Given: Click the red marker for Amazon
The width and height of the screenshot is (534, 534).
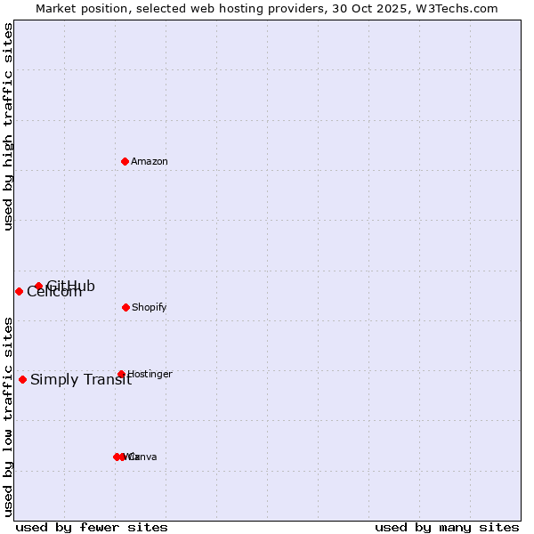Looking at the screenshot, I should pyautogui.click(x=125, y=161).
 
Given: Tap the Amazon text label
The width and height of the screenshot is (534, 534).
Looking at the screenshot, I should pyautogui.click(x=150, y=162).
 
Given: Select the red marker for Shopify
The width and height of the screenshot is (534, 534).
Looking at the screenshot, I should pyautogui.click(x=125, y=307).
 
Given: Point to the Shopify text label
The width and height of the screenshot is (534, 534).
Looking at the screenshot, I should pyautogui.click(x=150, y=308).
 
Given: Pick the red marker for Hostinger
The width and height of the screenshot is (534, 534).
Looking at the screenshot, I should pyautogui.click(x=121, y=374).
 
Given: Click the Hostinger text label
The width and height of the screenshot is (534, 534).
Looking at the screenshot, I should pyautogui.click(x=150, y=375).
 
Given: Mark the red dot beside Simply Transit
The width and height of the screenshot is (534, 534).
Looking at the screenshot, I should pyautogui.click(x=22, y=379).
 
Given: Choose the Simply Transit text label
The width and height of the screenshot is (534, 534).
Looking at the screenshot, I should pyautogui.click(x=81, y=380).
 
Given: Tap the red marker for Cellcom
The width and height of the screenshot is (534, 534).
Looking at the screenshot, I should pyautogui.click(x=19, y=291).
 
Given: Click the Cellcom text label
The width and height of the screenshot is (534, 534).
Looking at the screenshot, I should pyautogui.click(x=54, y=292).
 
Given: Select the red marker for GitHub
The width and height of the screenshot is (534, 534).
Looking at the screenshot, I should pyautogui.click(x=38, y=286).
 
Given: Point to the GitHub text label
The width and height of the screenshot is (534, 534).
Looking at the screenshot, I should pyautogui.click(x=71, y=286).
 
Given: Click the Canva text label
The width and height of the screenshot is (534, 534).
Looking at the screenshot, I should pyautogui.click(x=143, y=457).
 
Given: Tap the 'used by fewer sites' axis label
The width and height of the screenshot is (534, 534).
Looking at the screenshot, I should pyautogui.click(x=92, y=527).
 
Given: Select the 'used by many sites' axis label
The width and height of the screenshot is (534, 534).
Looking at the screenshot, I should pyautogui.click(x=447, y=527).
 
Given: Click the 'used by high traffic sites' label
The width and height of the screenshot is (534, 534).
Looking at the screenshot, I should pyautogui.click(x=9, y=126).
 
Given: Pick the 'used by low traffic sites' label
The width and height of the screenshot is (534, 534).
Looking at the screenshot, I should pyautogui.click(x=9, y=417).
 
